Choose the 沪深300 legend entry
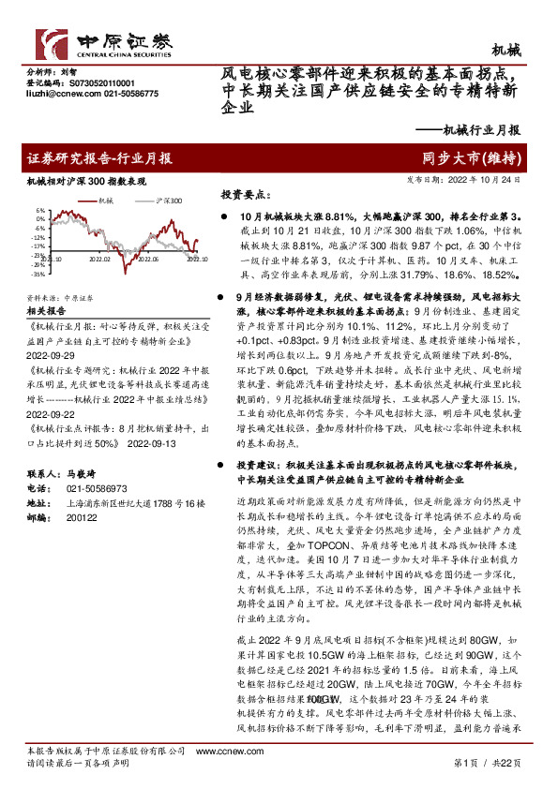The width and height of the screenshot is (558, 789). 168,201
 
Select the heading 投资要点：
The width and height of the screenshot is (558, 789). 244,196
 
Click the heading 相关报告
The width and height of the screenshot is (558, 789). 46,307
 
